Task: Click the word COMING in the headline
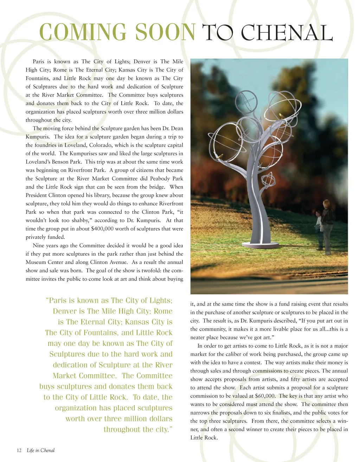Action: pyautogui.click(x=83, y=32)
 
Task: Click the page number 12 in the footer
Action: pyautogui.click(x=19, y=450)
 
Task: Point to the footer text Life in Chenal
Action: pyautogui.click(x=41, y=450)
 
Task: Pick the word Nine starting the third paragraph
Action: pyautogui.click(x=38, y=246)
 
